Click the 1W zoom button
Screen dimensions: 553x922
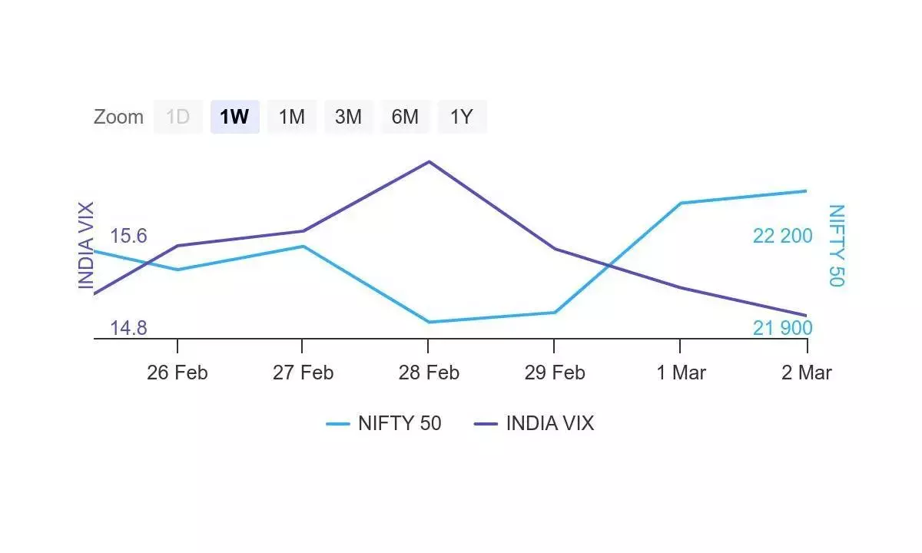click(234, 117)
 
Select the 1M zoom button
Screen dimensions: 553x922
click(291, 117)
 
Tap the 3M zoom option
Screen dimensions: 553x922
click(348, 117)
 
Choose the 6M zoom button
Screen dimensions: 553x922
click(405, 117)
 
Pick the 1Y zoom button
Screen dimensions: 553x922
click(462, 117)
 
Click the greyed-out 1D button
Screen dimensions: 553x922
click(177, 117)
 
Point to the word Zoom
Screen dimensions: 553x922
click(118, 117)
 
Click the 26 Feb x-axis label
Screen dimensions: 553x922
click(177, 373)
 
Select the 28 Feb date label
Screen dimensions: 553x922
click(429, 373)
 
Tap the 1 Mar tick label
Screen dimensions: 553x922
click(681, 373)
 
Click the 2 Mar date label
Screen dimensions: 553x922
click(807, 373)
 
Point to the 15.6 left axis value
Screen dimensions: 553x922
click(128, 236)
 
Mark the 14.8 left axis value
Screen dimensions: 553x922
click(128, 328)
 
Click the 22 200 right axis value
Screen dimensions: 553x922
click(782, 236)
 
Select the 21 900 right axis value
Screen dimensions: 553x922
click(782, 328)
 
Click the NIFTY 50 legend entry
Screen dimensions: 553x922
click(384, 423)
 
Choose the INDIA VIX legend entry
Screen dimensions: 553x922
click(535, 423)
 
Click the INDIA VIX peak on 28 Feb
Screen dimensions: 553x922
click(429, 161)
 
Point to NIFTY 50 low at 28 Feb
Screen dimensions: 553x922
click(429, 322)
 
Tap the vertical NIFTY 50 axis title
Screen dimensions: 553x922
click(836, 246)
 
